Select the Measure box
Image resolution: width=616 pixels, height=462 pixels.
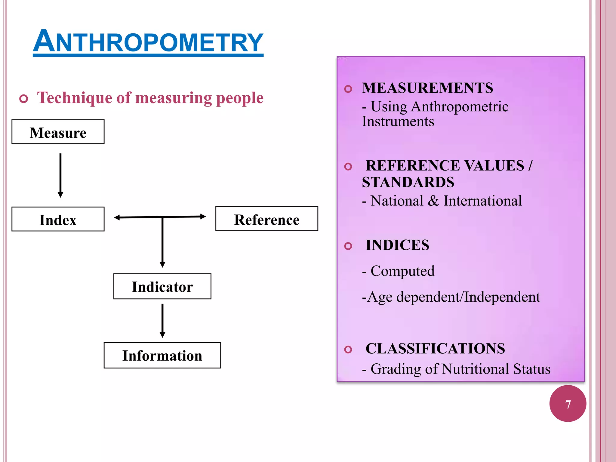coord(58,132)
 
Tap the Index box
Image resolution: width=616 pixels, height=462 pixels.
coord(58,219)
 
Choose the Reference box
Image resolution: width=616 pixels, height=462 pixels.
coord(266,219)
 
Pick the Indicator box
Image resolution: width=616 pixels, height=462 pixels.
coord(162,286)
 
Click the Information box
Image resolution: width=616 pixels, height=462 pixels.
coord(162,355)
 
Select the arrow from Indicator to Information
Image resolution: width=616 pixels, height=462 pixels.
coord(162,320)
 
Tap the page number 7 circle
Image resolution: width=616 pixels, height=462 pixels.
coord(568,404)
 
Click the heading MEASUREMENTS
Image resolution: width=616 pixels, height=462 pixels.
coord(427,88)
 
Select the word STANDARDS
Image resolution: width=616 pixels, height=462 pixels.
coord(408,182)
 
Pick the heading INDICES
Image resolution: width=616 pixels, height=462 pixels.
coord(397,245)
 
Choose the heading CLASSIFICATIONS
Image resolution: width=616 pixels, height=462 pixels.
coord(435,349)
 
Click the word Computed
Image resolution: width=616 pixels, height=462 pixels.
coord(402,271)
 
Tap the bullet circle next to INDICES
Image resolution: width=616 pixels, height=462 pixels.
coord(348,246)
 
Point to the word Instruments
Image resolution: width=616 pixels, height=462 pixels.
coord(398,122)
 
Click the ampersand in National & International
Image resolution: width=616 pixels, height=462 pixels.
coord(433,201)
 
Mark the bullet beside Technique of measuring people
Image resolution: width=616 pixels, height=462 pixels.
coord(23,99)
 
